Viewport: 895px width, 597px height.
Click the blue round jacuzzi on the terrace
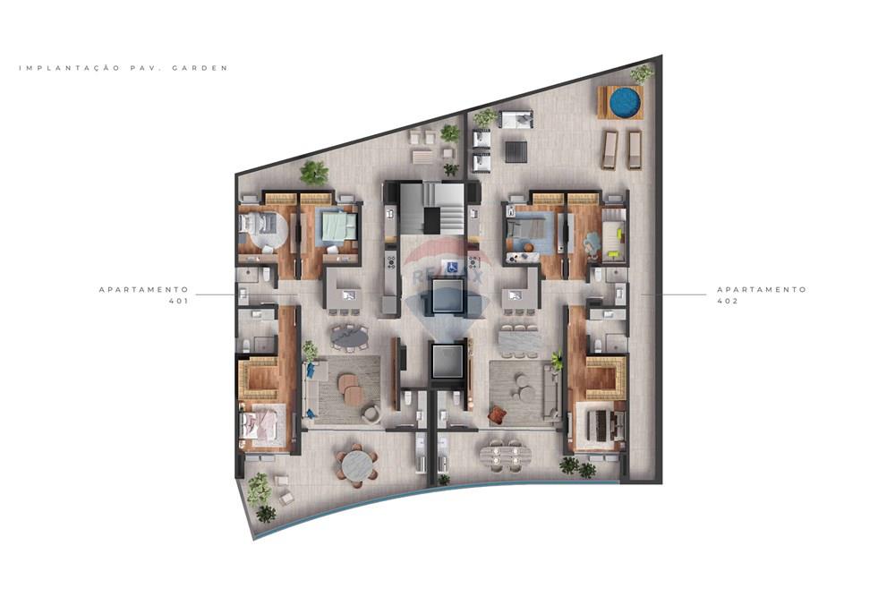(x=625, y=102)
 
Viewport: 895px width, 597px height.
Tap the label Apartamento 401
(x=144, y=295)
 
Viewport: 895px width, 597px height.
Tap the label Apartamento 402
(x=762, y=295)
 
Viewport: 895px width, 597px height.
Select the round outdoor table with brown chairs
(x=355, y=465)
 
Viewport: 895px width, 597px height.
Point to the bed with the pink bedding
(x=261, y=422)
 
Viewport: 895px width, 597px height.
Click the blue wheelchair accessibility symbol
(x=452, y=267)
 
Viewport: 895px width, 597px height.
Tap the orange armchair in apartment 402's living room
(x=497, y=414)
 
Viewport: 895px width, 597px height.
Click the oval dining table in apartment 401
(x=349, y=337)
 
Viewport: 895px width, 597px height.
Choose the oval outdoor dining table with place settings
(x=503, y=455)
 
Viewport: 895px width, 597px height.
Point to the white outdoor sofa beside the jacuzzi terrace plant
(x=516, y=119)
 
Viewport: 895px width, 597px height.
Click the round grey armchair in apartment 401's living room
(x=371, y=413)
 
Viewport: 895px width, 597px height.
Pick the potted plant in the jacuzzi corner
(x=642, y=73)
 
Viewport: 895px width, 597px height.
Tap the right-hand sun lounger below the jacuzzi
(x=635, y=149)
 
